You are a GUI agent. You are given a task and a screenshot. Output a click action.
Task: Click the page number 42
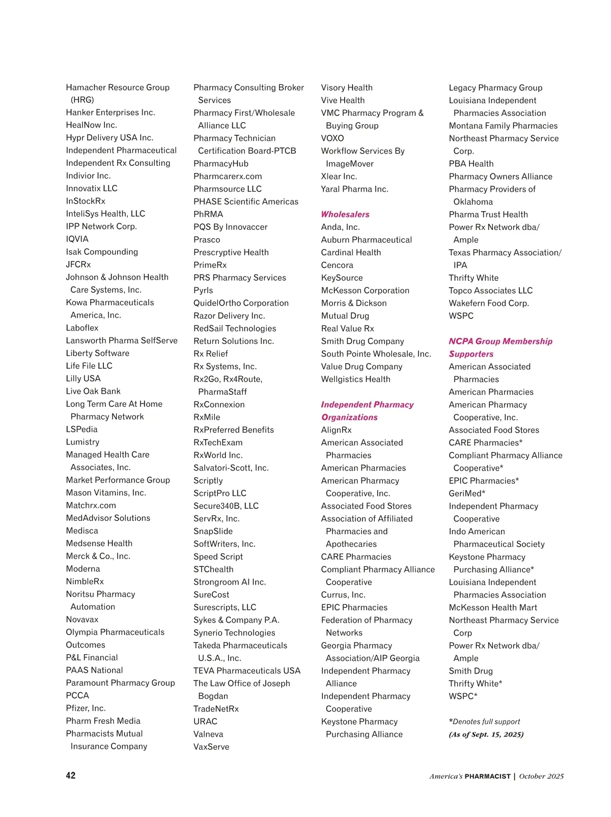pyautogui.click(x=71, y=775)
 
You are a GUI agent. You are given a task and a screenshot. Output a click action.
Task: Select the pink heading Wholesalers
pyautogui.click(x=345, y=214)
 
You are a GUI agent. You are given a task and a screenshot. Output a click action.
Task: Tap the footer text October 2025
pyautogui.click(x=541, y=776)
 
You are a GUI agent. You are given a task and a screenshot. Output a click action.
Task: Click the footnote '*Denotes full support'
pyautogui.click(x=484, y=721)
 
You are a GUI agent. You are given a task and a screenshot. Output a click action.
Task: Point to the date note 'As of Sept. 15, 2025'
pyautogui.click(x=486, y=734)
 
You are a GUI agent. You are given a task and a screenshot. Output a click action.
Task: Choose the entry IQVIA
pyautogui.click(x=77, y=239)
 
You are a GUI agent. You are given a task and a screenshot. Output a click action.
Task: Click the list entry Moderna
pyautogui.click(x=83, y=568)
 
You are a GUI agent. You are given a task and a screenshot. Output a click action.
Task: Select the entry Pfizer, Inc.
pyautogui.click(x=86, y=708)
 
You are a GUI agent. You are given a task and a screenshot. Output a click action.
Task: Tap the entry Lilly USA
pyautogui.click(x=84, y=378)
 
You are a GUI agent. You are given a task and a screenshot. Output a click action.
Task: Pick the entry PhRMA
pyautogui.click(x=208, y=214)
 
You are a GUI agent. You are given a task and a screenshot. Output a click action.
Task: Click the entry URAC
pyautogui.click(x=205, y=721)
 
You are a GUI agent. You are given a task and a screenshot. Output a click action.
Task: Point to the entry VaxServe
pyautogui.click(x=211, y=746)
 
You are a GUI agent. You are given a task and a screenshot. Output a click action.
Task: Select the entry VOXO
pyautogui.click(x=332, y=138)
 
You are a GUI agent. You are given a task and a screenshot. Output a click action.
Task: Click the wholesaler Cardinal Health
pyautogui.click(x=351, y=252)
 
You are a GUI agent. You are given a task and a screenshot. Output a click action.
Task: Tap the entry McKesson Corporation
pyautogui.click(x=365, y=290)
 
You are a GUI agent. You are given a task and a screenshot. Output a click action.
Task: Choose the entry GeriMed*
pyautogui.click(x=467, y=493)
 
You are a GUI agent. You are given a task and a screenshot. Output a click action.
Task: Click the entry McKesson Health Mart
pyautogui.click(x=493, y=607)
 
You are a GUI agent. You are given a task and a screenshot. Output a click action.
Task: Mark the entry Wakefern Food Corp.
pyautogui.click(x=489, y=303)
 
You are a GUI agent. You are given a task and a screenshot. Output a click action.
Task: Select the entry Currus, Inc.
pyautogui.click(x=343, y=594)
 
